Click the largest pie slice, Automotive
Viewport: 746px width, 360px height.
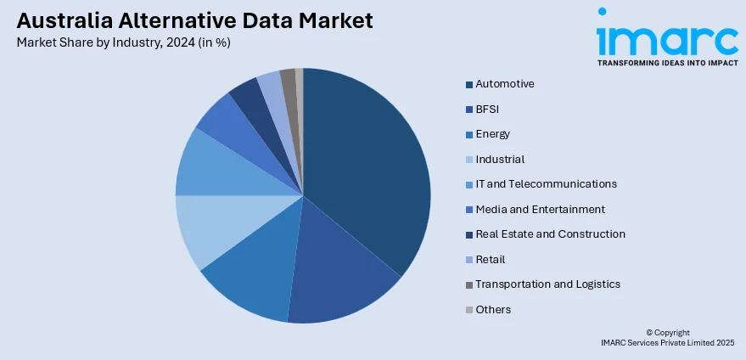tap(365, 170)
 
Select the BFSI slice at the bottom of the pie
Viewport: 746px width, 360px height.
tap(339, 280)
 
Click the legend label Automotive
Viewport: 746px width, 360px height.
tap(505, 84)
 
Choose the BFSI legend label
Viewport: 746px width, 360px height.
tap(488, 109)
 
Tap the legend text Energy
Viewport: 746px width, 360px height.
tap(492, 134)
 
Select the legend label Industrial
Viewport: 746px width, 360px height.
tap(500, 159)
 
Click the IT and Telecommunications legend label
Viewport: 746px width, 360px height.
tap(546, 184)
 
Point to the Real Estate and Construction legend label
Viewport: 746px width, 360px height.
tap(550, 234)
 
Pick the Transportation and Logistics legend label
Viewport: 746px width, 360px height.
tap(547, 284)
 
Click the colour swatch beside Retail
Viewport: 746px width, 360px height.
tap(468, 260)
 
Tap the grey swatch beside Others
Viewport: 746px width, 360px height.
tap(468, 310)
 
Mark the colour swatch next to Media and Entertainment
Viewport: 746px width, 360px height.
tap(468, 210)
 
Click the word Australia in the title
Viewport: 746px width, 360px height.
tap(60, 20)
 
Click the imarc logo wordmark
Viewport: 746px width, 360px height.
tap(666, 38)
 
